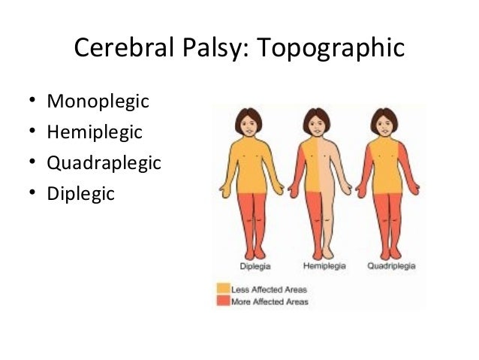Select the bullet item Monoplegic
point(98,101)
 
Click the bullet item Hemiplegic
point(94,132)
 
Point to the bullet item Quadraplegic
point(104,162)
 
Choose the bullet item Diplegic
point(80,193)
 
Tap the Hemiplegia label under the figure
point(321,266)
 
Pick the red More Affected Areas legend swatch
point(222,301)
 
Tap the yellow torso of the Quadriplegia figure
point(386,165)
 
